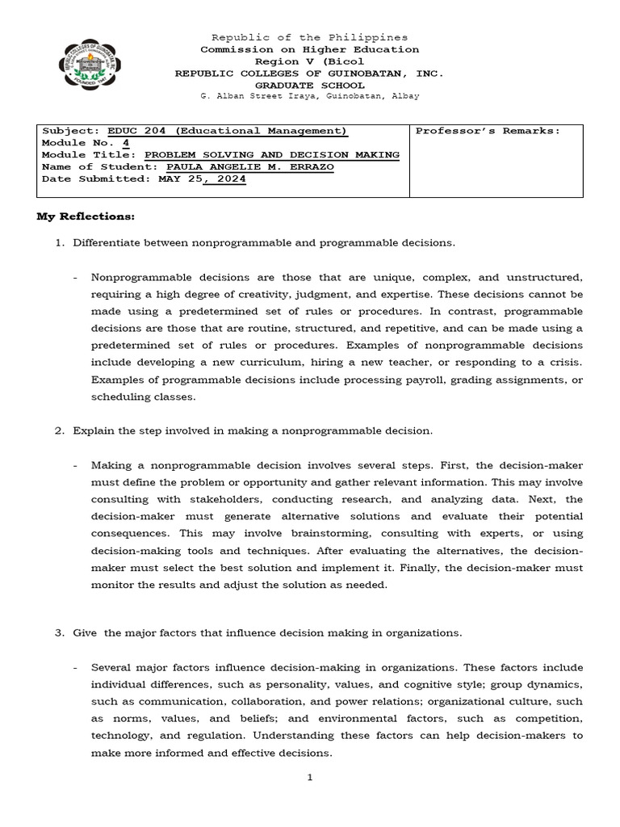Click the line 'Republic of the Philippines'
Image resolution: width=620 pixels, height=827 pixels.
click(x=309, y=37)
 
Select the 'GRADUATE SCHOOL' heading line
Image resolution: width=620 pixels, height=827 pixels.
click(x=309, y=84)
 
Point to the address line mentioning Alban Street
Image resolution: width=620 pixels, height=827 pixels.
click(x=309, y=96)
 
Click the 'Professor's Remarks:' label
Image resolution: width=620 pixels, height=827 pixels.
click(x=487, y=131)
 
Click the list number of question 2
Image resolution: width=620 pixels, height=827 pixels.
click(x=59, y=431)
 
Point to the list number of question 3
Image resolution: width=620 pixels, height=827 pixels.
click(x=59, y=633)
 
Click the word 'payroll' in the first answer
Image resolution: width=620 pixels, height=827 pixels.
click(x=348, y=380)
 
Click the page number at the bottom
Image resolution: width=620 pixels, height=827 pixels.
click(x=309, y=778)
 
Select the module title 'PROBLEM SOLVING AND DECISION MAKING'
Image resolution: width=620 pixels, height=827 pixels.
click(x=271, y=154)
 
